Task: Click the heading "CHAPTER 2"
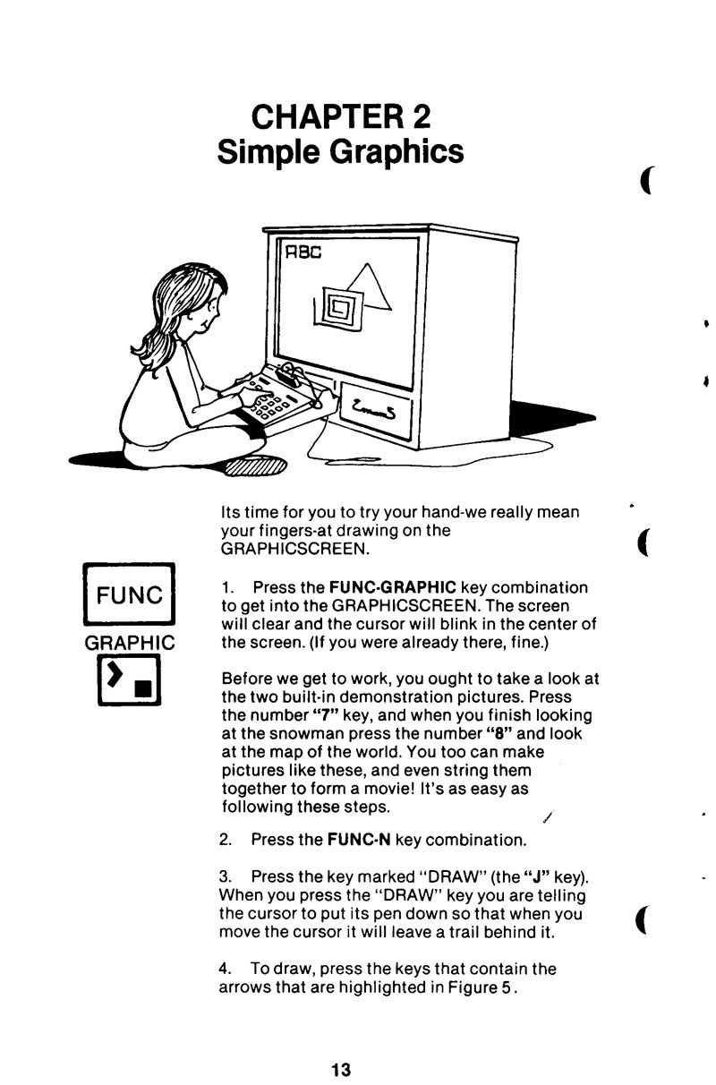pos(341,116)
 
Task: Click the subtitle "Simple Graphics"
pos(340,152)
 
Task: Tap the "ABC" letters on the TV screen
pos(303,252)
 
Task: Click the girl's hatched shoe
pos(256,466)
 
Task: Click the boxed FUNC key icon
pos(129,594)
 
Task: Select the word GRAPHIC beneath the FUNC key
pos(129,643)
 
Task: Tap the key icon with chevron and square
pos(129,679)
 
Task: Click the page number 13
pos(341,1070)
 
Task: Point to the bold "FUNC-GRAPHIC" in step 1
pos(393,587)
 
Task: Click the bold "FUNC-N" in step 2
pos(359,840)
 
